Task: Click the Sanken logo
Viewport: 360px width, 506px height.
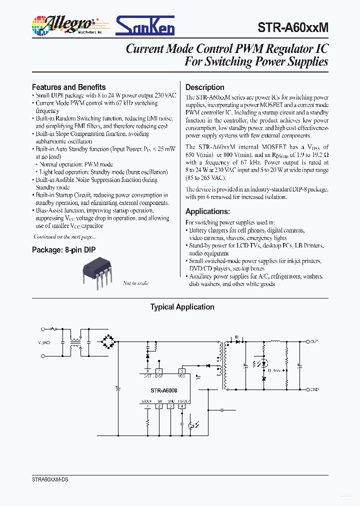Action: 145,25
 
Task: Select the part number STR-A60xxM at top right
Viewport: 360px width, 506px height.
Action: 293,27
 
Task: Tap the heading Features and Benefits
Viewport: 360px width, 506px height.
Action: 68,87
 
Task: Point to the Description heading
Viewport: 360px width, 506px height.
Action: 205,87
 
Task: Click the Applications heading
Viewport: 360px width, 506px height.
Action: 207,211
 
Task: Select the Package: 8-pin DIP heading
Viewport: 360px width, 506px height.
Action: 63,249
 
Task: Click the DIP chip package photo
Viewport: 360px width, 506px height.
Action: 97,270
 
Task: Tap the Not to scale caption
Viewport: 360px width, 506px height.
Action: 135,283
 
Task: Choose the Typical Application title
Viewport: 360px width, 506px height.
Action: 182,307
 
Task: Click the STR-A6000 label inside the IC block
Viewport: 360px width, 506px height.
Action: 164,390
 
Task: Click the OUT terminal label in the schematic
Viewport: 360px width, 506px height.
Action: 314,341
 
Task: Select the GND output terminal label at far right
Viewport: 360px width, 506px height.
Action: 314,389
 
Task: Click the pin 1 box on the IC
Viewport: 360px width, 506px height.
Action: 147,406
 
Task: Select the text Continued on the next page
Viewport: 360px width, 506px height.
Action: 64,236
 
